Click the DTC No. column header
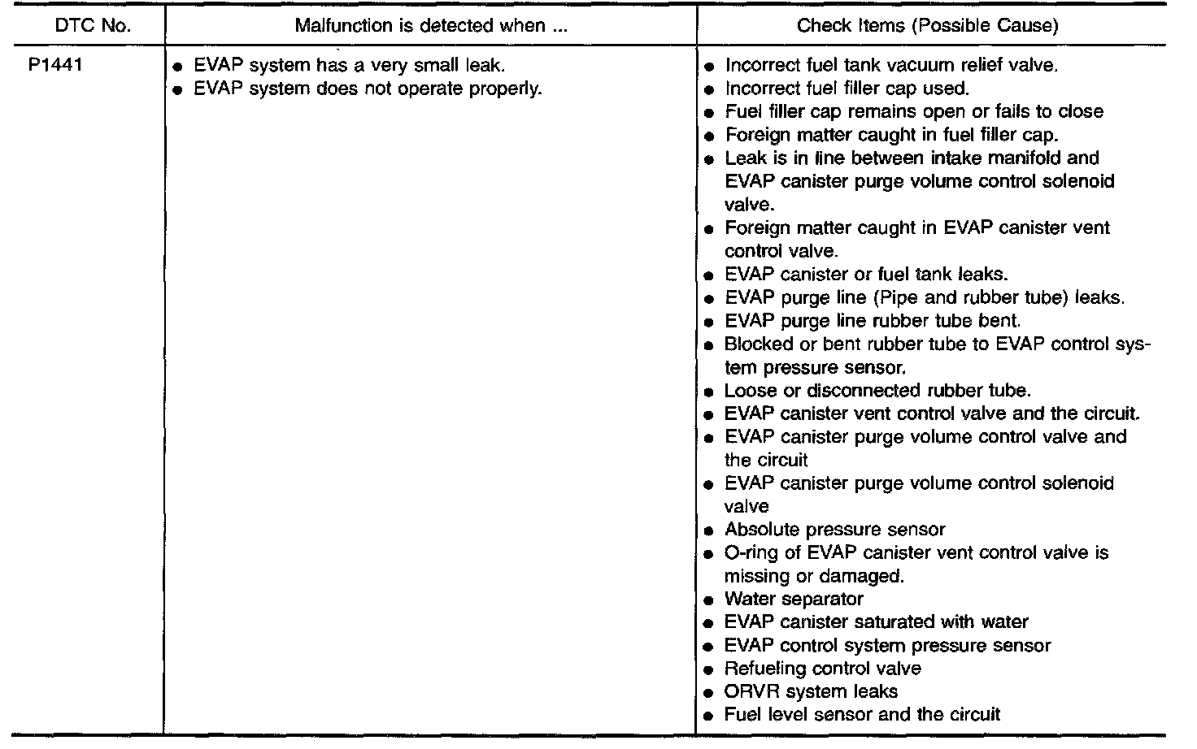point(92,25)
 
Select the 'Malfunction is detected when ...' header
point(430,25)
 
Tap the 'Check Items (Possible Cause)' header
point(927,25)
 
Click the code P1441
point(55,65)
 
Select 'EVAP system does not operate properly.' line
point(367,88)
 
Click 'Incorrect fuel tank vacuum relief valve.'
point(891,65)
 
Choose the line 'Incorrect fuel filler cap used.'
point(847,88)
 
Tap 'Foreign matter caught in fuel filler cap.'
point(891,134)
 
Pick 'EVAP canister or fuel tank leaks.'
point(866,274)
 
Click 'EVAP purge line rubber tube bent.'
point(873,320)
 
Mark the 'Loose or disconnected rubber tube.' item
point(877,390)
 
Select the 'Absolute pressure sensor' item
point(834,530)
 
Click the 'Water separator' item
point(794,599)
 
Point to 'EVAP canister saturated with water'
point(876,622)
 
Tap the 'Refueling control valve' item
point(822,669)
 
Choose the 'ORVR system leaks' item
point(811,691)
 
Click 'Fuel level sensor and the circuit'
point(862,715)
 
